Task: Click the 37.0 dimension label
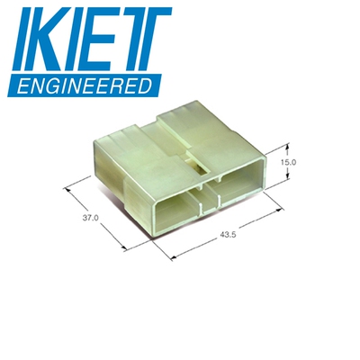tap(91, 218)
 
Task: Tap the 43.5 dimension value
tap(228, 235)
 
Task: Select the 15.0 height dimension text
tap(289, 162)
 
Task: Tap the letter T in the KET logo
tap(146, 39)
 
